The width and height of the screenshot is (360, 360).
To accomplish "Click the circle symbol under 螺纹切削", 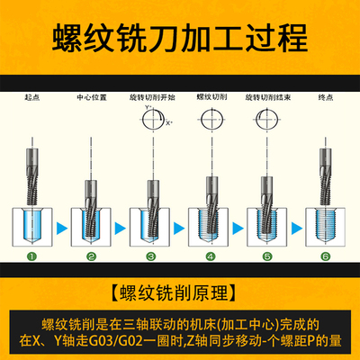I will [210, 114].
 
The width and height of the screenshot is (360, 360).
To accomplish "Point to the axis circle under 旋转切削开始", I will [150, 115].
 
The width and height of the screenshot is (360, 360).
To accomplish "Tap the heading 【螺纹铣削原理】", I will [180, 290].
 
